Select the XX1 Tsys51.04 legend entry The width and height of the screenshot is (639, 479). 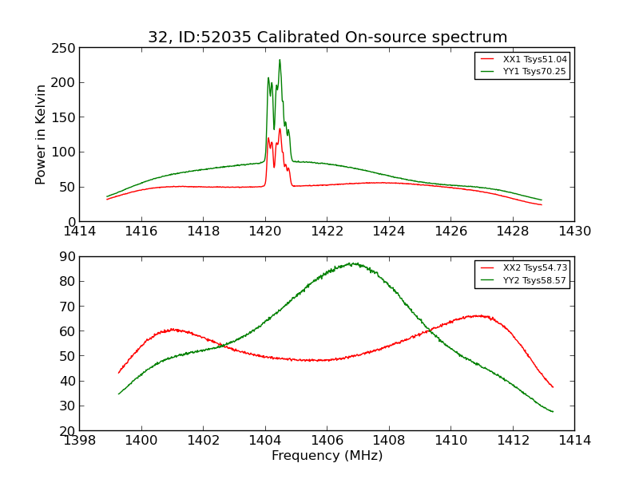pos(534,59)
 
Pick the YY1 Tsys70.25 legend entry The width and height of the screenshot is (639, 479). pos(534,71)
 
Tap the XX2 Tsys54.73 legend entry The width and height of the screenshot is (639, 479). pos(534,268)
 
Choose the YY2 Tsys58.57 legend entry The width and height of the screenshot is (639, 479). pos(534,280)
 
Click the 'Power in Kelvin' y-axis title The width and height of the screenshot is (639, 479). pos(41,134)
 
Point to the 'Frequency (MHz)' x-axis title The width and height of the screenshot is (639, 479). pos(327,456)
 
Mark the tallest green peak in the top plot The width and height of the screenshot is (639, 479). pos(280,60)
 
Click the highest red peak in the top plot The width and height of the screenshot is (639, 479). pos(280,129)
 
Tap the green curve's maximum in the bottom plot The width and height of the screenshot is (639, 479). pos(351,263)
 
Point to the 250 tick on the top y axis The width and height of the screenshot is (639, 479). pos(65,48)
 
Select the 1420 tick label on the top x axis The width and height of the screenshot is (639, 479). pos(265,232)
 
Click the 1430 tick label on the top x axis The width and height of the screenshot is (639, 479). pos(574,232)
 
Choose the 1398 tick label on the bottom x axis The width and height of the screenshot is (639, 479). pos(80,440)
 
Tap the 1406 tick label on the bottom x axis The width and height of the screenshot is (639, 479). pos(327,440)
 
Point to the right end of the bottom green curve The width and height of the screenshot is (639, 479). pos(553,412)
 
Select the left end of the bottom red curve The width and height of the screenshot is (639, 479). pos(118,373)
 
